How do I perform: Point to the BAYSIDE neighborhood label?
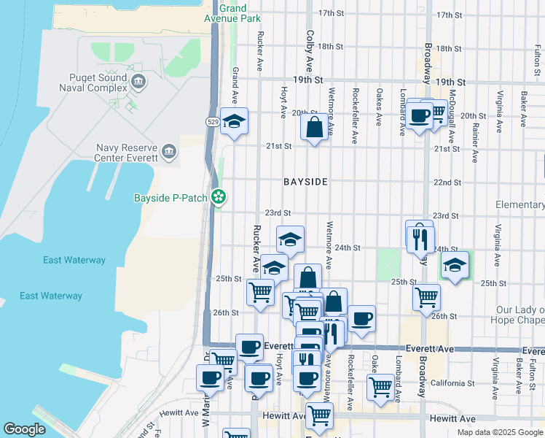(305, 181)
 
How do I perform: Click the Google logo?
(24, 429)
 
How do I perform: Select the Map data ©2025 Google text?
(499, 432)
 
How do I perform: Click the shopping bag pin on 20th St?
(314, 128)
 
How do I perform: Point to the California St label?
(452, 383)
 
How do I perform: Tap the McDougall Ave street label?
(451, 120)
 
